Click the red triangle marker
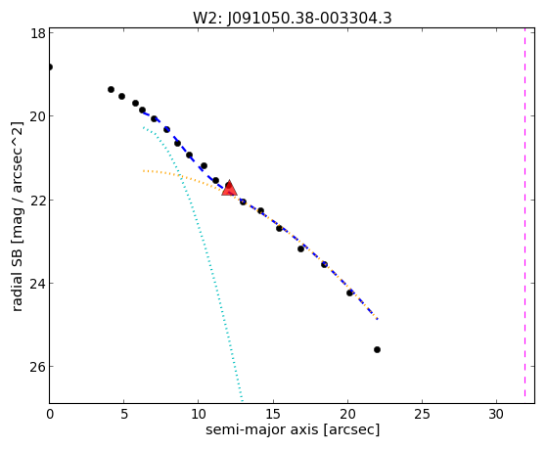click(229, 189)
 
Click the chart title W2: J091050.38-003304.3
click(293, 18)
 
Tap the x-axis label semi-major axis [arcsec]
click(293, 429)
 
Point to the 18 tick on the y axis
click(37, 34)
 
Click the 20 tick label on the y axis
click(37, 116)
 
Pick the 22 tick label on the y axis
click(37, 201)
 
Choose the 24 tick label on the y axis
click(37, 284)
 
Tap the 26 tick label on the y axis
click(37, 367)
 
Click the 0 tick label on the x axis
click(50, 414)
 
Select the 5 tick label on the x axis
click(124, 414)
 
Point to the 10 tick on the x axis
click(198, 414)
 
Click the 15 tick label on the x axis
click(273, 414)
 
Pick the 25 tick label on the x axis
click(422, 414)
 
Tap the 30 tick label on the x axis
click(496, 414)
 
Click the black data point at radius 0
click(50, 67)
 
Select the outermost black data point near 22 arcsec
click(377, 349)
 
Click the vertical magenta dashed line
click(524, 215)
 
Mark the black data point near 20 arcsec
click(349, 292)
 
